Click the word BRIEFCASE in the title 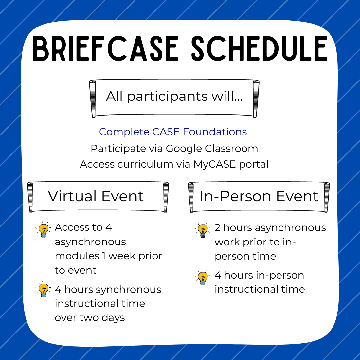coord(105,48)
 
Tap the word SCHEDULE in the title coord(259,48)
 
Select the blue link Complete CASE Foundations coord(173,132)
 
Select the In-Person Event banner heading coord(259,196)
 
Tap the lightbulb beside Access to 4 coord(43,229)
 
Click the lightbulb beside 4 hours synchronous coord(43,289)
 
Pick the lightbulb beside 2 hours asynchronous coord(203,230)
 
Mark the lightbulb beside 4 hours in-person coord(203,277)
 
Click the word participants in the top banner coord(167,97)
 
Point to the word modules coord(77,256)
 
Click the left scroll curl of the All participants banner coord(93,99)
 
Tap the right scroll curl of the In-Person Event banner coord(327,198)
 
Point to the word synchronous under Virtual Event coord(129,290)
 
